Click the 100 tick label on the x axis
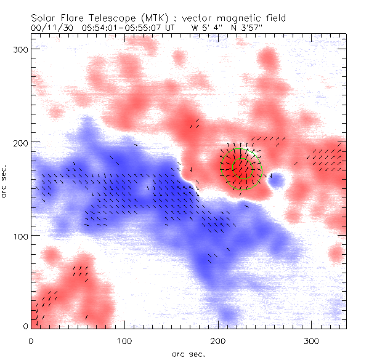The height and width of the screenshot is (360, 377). tap(124, 340)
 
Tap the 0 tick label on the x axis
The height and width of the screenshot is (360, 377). tap(31, 340)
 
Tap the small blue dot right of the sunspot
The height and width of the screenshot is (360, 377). tap(277, 180)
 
